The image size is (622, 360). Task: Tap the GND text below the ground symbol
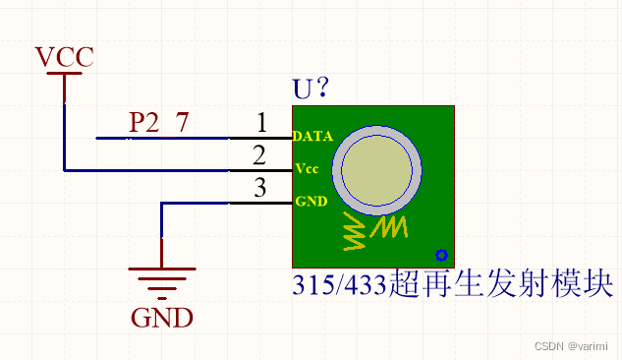[x=162, y=318]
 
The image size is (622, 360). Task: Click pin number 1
[x=260, y=123]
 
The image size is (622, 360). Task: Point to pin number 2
[x=259, y=154]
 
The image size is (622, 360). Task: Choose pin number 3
[x=259, y=187]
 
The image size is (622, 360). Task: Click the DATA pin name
[x=312, y=137]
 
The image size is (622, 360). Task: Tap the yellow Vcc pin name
[x=306, y=169]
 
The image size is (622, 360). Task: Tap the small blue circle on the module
[x=442, y=255]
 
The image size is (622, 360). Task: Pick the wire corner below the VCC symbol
[x=65, y=170]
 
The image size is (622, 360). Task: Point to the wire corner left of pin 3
[x=162, y=203]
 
